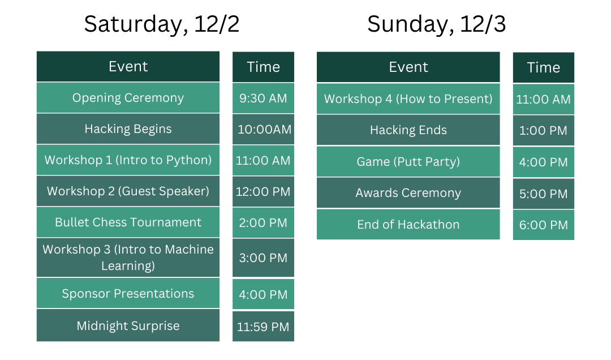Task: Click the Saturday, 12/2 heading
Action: [162, 24]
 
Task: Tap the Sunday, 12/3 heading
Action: [436, 24]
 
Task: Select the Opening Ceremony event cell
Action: [128, 97]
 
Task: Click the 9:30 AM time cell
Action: [264, 98]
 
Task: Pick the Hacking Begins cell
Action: [128, 128]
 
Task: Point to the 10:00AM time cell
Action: [264, 129]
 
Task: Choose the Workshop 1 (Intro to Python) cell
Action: [128, 160]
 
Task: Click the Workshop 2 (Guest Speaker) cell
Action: [128, 191]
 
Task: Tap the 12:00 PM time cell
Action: [264, 191]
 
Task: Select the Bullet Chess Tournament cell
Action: [128, 222]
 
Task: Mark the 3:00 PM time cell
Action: [264, 258]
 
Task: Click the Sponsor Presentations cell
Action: [128, 293]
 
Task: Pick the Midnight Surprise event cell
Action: [128, 325]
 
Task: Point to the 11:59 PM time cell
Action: [264, 327]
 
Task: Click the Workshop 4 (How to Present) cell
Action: [408, 98]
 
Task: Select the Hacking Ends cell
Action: [408, 130]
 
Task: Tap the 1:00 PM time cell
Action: [544, 131]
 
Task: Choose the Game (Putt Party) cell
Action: [408, 161]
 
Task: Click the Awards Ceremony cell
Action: [408, 192]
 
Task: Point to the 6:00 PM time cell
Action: [544, 225]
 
